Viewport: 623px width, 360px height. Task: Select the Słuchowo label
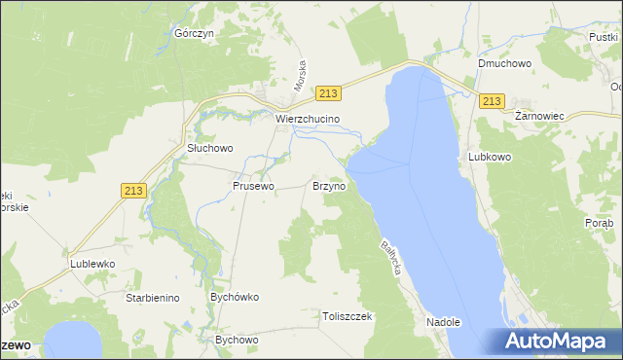pos(209,149)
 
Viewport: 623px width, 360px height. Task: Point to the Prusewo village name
pos(253,185)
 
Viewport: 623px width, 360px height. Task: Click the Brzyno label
pos(328,185)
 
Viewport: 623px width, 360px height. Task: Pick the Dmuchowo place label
pos(502,64)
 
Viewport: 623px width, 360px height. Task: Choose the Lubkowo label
pos(490,156)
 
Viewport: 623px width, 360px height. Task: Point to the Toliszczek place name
pos(348,316)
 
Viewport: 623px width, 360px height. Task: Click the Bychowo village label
pos(237,340)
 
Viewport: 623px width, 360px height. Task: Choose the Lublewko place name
pos(92,264)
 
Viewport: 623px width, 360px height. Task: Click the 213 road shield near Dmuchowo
pos(493,101)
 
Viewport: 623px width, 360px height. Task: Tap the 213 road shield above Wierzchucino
pos(328,93)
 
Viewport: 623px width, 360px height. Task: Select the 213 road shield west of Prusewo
pos(134,192)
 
